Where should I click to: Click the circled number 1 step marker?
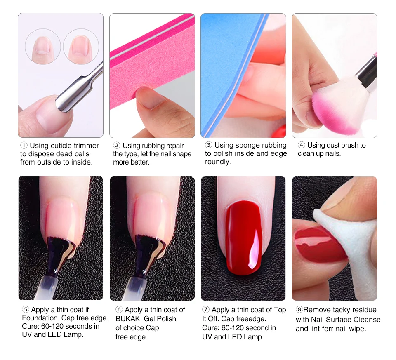24,146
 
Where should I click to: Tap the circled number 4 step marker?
301,145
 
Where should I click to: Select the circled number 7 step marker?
206,310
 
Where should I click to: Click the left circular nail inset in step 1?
43,47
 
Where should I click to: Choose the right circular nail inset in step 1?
81,47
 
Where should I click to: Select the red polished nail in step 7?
244,237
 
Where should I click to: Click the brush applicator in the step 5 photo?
54,265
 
